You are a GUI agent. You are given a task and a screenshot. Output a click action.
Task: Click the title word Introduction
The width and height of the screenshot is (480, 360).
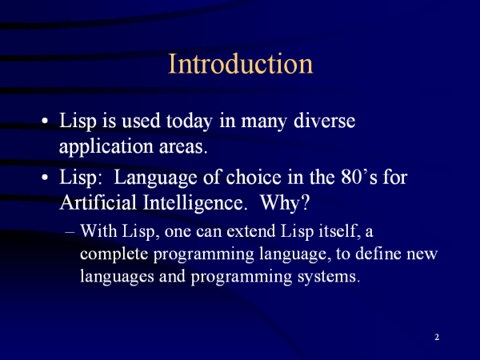(x=241, y=63)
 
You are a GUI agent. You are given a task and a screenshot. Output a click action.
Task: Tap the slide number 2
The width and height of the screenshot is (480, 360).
(x=437, y=337)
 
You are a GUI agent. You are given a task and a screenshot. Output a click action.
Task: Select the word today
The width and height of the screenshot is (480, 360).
(x=189, y=122)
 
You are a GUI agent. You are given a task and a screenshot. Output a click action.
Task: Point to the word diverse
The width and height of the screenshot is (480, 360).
(x=325, y=120)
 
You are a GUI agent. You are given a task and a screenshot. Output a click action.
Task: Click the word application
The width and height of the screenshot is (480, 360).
(x=106, y=147)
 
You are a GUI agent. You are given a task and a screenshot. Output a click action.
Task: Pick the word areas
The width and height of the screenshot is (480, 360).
(x=183, y=147)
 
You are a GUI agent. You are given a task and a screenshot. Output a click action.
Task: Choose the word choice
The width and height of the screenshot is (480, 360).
(x=254, y=177)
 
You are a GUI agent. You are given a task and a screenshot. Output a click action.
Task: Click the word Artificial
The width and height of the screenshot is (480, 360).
(x=98, y=202)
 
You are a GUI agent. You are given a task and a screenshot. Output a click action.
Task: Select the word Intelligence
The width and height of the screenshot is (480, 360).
(x=195, y=203)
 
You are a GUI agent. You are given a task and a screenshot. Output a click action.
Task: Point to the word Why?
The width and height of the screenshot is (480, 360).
(x=285, y=202)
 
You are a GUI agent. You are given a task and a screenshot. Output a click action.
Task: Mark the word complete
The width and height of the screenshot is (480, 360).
(x=114, y=254)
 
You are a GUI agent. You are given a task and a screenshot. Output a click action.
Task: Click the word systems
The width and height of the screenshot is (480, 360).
(x=329, y=277)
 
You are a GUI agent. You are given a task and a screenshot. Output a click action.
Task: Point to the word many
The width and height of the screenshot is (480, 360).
(x=264, y=122)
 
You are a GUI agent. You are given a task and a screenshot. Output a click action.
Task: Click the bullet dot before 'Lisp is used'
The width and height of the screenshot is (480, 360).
(x=45, y=121)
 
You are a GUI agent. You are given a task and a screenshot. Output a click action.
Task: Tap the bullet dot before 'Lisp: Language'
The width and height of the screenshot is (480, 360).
(x=45, y=178)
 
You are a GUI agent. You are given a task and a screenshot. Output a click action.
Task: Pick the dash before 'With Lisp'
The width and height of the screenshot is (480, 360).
(x=70, y=233)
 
